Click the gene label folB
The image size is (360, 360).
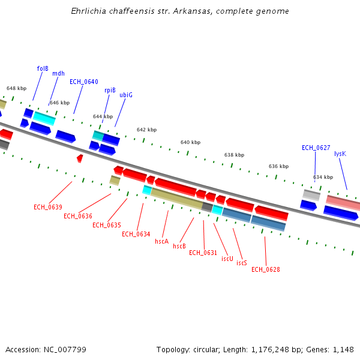[43, 68]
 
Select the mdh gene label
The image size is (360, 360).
[58, 74]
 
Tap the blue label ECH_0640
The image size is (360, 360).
[84, 82]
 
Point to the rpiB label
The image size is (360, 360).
[110, 90]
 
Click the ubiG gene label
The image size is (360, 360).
[126, 95]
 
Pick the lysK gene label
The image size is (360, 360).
[340, 154]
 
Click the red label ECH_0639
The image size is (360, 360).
[48, 207]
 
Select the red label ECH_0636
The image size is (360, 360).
[78, 216]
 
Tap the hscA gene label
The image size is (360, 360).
[161, 241]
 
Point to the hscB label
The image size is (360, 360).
[179, 246]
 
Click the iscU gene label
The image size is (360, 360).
[227, 259]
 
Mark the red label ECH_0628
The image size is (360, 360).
[266, 269]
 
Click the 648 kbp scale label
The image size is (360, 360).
[16, 88]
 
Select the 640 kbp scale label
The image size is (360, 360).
[190, 143]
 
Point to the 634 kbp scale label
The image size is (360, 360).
[323, 177]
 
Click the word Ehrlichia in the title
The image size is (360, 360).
[89, 11]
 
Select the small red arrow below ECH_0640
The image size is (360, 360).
[80, 158]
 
